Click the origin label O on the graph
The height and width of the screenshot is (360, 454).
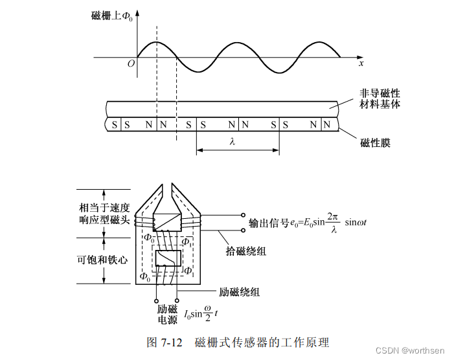(x=131, y=63)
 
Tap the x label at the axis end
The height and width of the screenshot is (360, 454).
(x=361, y=63)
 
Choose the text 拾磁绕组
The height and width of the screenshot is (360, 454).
(x=246, y=251)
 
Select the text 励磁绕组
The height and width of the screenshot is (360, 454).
(x=239, y=293)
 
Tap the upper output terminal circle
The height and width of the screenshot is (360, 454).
(x=243, y=215)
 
